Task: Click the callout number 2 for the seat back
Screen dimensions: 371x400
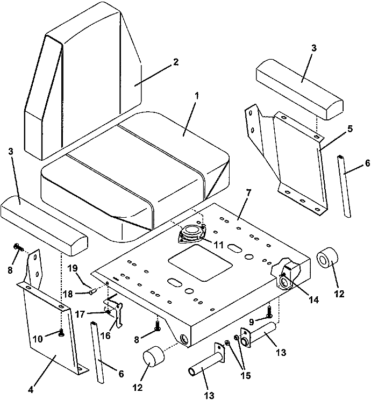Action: [175, 62]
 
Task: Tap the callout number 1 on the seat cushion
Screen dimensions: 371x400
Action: [196, 96]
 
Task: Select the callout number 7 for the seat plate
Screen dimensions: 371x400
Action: [249, 192]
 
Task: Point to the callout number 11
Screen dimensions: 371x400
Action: [218, 245]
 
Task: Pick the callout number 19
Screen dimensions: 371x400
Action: [73, 269]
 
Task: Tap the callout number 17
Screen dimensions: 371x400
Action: [80, 315]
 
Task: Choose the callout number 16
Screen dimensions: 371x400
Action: [105, 335]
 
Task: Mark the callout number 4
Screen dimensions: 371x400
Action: [31, 390]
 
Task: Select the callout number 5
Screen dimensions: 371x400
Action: [350, 129]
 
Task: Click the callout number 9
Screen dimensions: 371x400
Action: [252, 323]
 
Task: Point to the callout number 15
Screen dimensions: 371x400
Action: [245, 375]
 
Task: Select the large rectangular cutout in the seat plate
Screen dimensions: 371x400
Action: [200, 263]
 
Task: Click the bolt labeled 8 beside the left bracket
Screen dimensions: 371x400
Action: [18, 247]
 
